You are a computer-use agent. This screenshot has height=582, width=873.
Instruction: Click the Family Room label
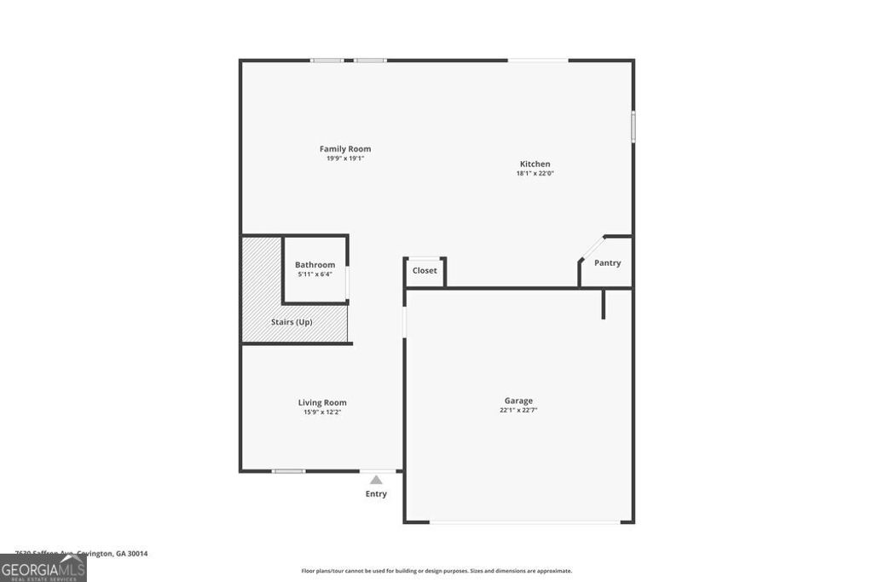tap(345, 149)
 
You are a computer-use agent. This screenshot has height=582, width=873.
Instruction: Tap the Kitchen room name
tap(535, 164)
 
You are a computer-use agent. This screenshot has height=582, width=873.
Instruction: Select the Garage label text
tap(518, 400)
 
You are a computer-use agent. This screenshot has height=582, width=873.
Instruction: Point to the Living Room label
tap(322, 403)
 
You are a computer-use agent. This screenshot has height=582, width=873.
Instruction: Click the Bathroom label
tap(315, 265)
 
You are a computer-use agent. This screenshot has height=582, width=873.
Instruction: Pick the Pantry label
tap(607, 263)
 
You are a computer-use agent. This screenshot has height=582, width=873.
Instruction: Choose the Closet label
tap(425, 271)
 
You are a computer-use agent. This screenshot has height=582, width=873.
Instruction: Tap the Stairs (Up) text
tap(292, 322)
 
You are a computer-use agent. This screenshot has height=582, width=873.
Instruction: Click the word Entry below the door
tap(376, 494)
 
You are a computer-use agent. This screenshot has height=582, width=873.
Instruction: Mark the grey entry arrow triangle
tap(376, 480)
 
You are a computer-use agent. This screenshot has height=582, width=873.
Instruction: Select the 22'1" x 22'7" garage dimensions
tap(518, 411)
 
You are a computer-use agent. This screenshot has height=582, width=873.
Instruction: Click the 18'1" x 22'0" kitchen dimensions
tap(535, 174)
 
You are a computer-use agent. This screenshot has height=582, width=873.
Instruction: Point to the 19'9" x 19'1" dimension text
tap(345, 158)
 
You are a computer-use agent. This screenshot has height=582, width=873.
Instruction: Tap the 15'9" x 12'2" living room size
tap(322, 412)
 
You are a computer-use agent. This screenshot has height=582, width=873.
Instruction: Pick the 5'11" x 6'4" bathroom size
tap(315, 274)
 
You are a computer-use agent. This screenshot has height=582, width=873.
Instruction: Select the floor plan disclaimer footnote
tap(436, 571)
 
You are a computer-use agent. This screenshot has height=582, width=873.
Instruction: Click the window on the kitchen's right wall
tap(633, 126)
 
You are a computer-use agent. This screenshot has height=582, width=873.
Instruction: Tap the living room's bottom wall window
tap(288, 471)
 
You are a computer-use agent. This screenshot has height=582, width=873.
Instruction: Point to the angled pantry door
tap(591, 248)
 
